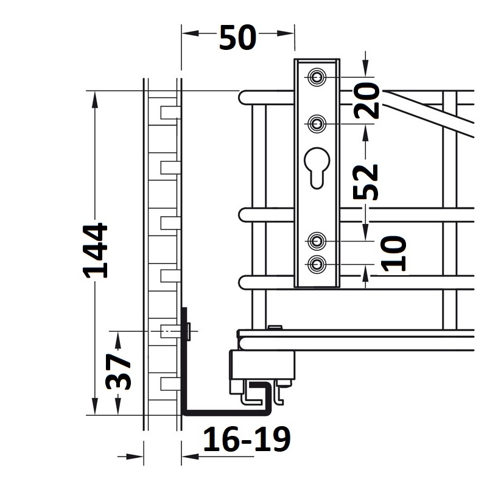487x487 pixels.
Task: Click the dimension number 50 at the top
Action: point(237,38)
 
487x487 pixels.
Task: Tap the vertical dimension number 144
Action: point(96,250)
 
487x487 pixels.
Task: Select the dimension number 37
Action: point(118,371)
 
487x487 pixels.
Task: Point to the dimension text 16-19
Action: point(247,439)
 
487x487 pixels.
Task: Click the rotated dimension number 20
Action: point(366,100)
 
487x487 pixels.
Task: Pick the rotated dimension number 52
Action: point(366,181)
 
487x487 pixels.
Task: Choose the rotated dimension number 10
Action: point(393,253)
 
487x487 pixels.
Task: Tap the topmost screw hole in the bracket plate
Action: point(317,77)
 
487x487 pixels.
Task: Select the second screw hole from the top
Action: point(317,124)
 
